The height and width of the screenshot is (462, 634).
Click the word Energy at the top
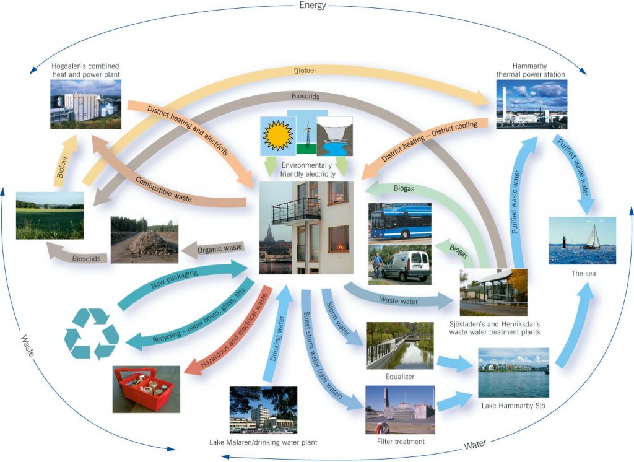click(x=312, y=6)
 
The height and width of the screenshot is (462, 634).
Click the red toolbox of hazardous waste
click(x=146, y=389)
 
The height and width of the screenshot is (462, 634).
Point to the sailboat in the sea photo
click(x=593, y=237)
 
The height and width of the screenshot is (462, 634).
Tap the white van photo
click(x=399, y=264)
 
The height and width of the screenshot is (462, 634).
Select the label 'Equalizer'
click(x=399, y=376)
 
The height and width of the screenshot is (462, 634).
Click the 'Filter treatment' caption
click(x=401, y=442)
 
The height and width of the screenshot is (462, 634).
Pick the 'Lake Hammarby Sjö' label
click(x=513, y=406)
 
